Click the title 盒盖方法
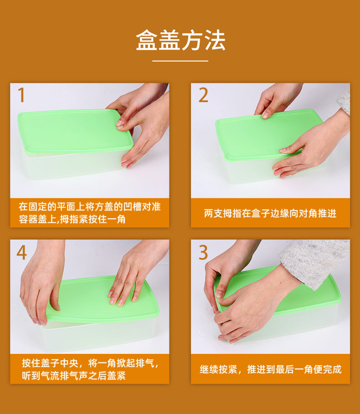180,40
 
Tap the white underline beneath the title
180,61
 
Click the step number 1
21,95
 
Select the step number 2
203,95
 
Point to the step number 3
203,252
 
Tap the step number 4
22,252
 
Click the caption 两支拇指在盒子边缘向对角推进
270,213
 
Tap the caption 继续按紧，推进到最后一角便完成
271,369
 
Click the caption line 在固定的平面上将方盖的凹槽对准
89,206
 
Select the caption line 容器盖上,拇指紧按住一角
72,219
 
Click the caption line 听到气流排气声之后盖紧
74,376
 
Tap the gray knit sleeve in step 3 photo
314,260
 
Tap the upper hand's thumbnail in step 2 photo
266,116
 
